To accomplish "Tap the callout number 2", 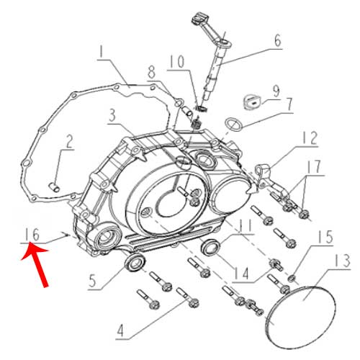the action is coord(69,141).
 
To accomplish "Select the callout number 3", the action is coord(112,115).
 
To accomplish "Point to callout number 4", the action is coord(120,330).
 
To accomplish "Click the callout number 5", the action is coord(93,281).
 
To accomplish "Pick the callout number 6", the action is coord(278,40).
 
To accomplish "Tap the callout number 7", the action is coord(289,104).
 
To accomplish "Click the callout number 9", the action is coord(276,91).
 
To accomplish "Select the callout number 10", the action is coord(177,61).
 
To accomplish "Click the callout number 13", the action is coord(343,261).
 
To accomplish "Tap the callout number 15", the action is coord(325,237).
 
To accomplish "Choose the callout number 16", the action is coord(32,235).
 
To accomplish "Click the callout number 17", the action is coord(314,166).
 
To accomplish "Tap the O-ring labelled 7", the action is coord(233,125).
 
